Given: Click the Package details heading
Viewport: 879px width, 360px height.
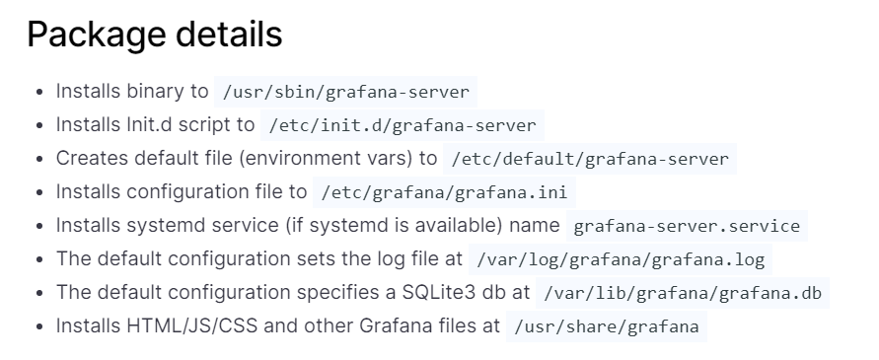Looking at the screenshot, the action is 154,35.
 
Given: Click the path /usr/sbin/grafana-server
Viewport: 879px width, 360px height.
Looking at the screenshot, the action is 345,92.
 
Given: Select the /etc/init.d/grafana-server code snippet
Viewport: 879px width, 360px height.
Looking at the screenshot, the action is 402,125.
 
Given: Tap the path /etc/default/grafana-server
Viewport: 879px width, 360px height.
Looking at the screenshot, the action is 589,159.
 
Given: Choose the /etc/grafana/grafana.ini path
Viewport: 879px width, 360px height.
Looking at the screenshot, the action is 443,192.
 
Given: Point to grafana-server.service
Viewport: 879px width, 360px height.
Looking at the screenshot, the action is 687,226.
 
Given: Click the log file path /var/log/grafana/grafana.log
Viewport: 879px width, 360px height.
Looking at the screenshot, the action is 621,260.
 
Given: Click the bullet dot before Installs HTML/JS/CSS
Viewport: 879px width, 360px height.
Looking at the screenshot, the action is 38,327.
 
